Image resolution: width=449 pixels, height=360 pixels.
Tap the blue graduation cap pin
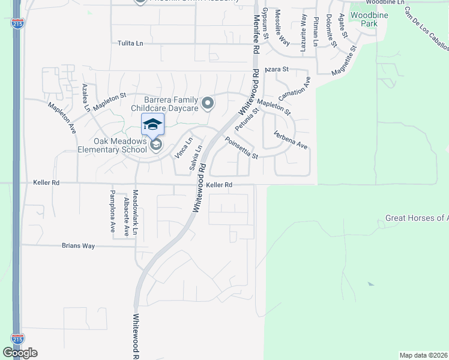click(152, 124)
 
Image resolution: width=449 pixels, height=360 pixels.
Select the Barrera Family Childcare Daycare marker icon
click(208, 104)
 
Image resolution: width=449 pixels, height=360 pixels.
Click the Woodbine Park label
click(364, 19)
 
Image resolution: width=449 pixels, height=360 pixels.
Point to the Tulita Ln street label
click(131, 43)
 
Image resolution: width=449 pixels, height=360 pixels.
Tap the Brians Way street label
click(79, 245)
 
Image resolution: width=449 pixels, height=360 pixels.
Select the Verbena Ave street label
click(291, 140)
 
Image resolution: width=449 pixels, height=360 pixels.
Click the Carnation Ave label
click(294, 88)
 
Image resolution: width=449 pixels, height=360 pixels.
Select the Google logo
click(20, 352)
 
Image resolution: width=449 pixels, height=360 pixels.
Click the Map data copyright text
click(423, 355)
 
